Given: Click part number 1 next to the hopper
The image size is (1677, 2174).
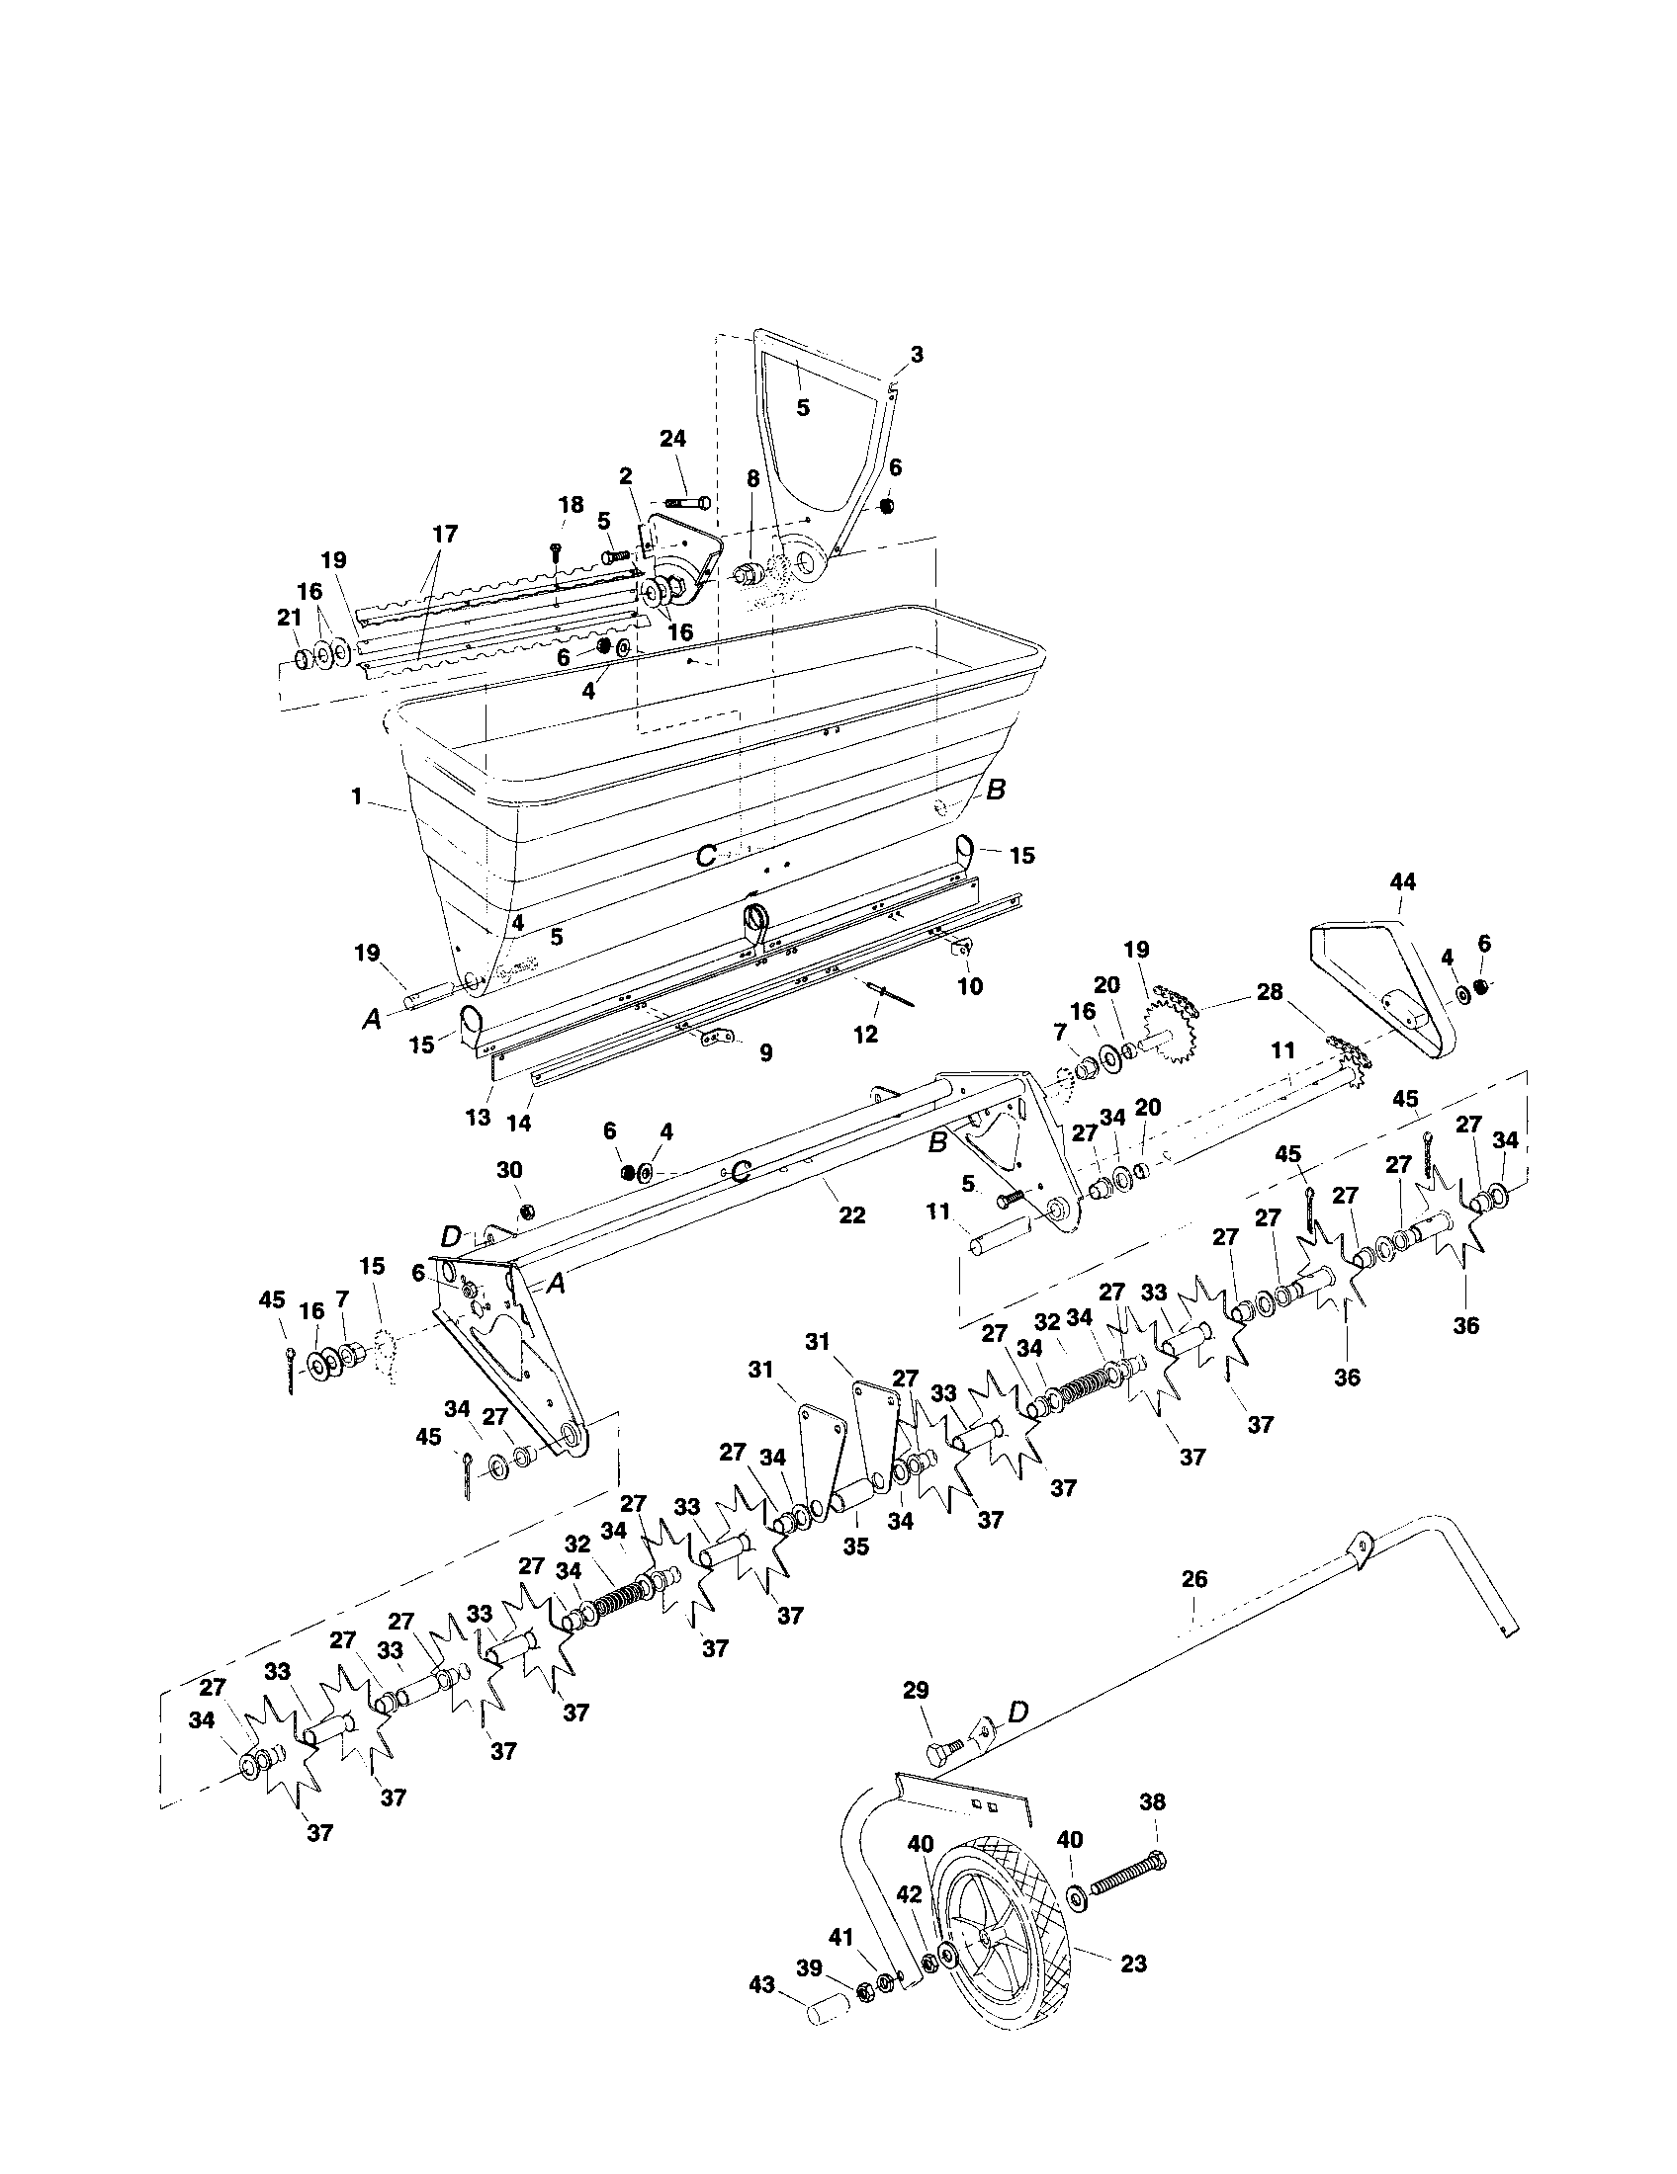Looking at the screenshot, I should click(356, 796).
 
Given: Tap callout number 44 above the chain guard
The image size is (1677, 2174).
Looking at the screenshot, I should click(1403, 880).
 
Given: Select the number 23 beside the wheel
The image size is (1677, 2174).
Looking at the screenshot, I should click(1134, 1964).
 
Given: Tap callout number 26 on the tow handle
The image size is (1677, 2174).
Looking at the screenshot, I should click(1194, 1579).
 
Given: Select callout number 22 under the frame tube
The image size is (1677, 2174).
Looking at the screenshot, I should click(852, 1215).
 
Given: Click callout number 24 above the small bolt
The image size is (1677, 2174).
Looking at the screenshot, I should click(672, 438).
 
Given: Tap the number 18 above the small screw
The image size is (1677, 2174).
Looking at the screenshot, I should click(571, 505).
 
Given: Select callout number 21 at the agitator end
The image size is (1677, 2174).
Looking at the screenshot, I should click(289, 619).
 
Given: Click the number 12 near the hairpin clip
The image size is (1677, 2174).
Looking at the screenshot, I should click(866, 1035).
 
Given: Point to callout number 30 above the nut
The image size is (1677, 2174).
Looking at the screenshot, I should click(509, 1170).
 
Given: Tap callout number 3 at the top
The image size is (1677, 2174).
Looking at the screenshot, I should click(917, 354).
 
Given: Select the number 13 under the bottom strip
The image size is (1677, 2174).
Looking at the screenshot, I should click(478, 1117).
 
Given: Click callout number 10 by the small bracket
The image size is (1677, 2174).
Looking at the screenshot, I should click(969, 985).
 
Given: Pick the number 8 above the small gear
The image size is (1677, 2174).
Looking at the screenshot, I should click(752, 478).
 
